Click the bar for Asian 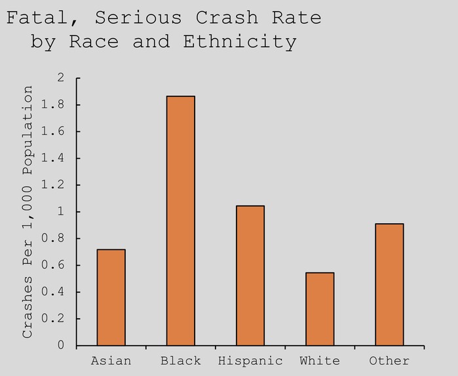111,297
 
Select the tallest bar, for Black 180,220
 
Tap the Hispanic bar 250,276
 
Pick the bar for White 320,309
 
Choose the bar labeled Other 389,284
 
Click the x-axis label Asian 111,361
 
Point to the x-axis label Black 180,361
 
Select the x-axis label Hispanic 250,361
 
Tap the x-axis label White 320,361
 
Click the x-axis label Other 389,361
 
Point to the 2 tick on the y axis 62,78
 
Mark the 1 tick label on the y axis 62,212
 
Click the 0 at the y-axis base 62,345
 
